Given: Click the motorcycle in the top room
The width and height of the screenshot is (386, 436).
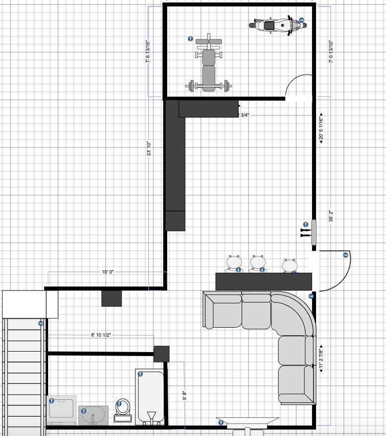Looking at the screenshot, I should tap(276, 24).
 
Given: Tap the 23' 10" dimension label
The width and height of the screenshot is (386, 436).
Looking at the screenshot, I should tap(148, 148).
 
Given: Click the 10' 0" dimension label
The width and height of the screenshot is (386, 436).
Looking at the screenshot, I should tap(108, 272).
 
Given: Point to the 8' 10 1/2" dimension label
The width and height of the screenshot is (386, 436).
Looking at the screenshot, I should tap(101, 335).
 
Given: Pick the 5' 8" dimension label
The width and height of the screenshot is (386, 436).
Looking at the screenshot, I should tap(185, 395).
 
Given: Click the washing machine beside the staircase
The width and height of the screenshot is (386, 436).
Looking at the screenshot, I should tap(62, 410).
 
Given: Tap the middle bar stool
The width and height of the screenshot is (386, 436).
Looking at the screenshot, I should tap(257, 263).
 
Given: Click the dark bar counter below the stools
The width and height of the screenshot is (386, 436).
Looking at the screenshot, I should tap(263, 281).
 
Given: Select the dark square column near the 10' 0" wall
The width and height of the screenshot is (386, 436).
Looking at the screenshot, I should tap(112, 298).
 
